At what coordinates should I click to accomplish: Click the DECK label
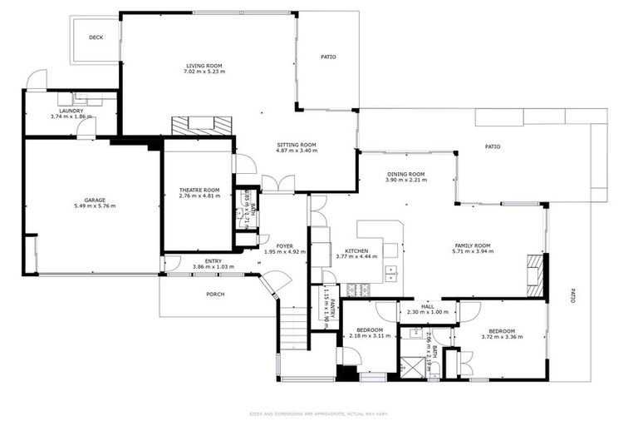pyautogui.click(x=96, y=37)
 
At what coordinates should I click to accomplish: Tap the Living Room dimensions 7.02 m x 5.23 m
pyautogui.click(x=204, y=72)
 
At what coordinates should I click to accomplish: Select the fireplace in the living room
pyautogui.click(x=202, y=125)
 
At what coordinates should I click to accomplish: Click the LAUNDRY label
pyautogui.click(x=71, y=110)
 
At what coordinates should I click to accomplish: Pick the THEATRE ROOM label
pyautogui.click(x=199, y=190)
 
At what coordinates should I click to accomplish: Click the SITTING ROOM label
pyautogui.click(x=297, y=144)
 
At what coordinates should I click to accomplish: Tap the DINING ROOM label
pyautogui.click(x=406, y=173)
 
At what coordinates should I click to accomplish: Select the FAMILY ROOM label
pyautogui.click(x=472, y=245)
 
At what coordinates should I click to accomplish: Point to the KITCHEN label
pyautogui.click(x=356, y=250)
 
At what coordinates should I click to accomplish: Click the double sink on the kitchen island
pyautogui.click(x=390, y=274)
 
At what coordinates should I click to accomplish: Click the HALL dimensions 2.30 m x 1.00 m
pyautogui.click(x=428, y=312)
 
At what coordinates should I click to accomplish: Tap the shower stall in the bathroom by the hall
pyautogui.click(x=412, y=367)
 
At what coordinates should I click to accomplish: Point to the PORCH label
pyautogui.click(x=214, y=294)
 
